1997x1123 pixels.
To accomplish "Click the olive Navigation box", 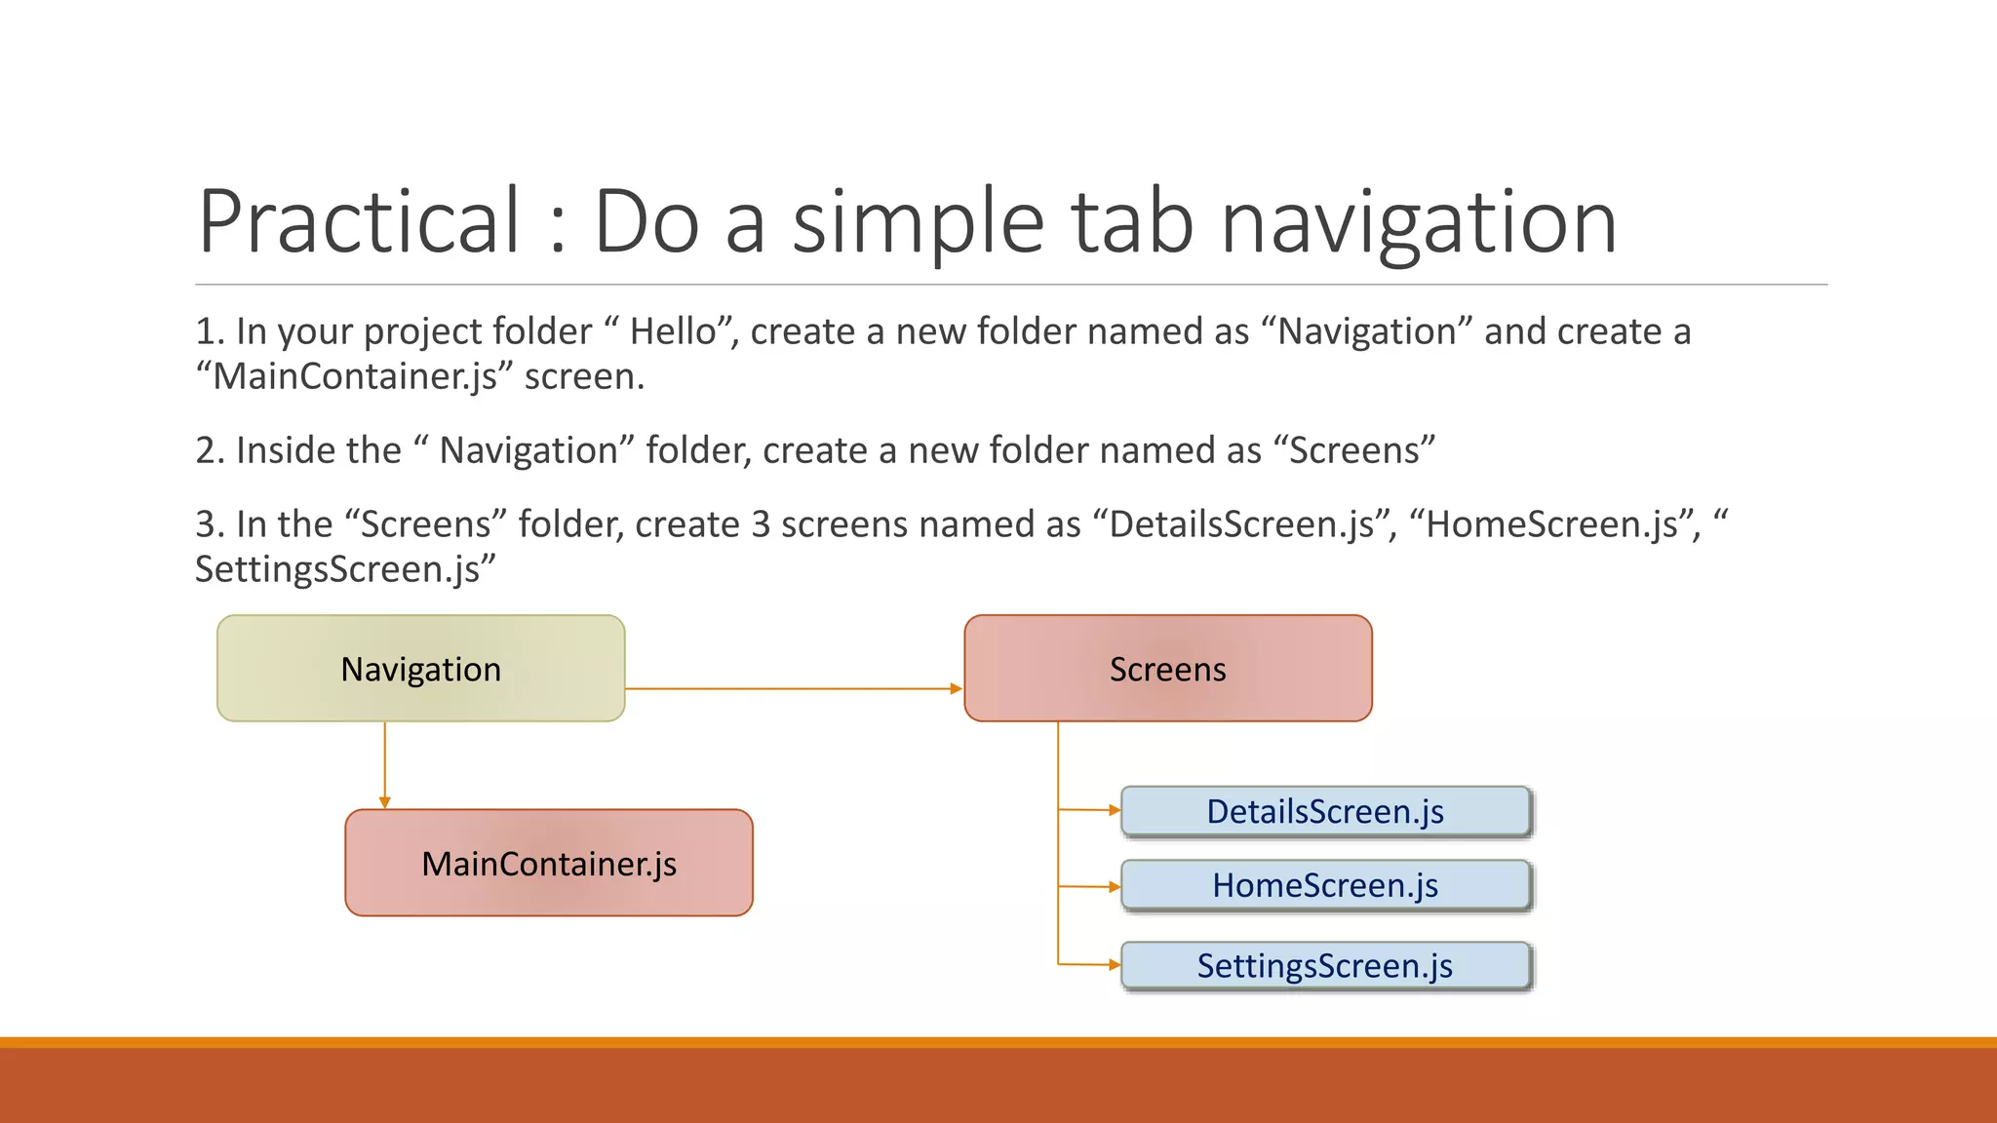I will click(420, 669).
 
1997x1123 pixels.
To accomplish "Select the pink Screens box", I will click(1167, 669).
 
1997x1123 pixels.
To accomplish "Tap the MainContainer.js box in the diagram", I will click(549, 863).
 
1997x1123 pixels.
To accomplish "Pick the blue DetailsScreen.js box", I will click(1325, 811).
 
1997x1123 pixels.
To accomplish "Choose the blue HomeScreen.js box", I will click(1325, 885).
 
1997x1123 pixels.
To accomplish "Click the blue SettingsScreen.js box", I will click(1325, 965).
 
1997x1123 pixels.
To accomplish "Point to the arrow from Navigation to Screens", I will click(792, 689).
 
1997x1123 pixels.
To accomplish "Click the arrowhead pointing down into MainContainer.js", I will click(385, 802).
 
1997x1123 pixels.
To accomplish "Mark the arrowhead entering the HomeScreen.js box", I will click(1115, 887).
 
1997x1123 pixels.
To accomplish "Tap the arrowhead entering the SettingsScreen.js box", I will click(1115, 965).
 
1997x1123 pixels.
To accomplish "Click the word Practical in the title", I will click(359, 222).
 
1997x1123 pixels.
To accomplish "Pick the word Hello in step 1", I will click(673, 331).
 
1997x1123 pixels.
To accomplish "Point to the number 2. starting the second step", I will click(210, 450).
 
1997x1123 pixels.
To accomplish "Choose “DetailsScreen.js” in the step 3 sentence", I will click(1241, 524).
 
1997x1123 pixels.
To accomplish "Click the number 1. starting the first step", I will click(210, 331).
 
